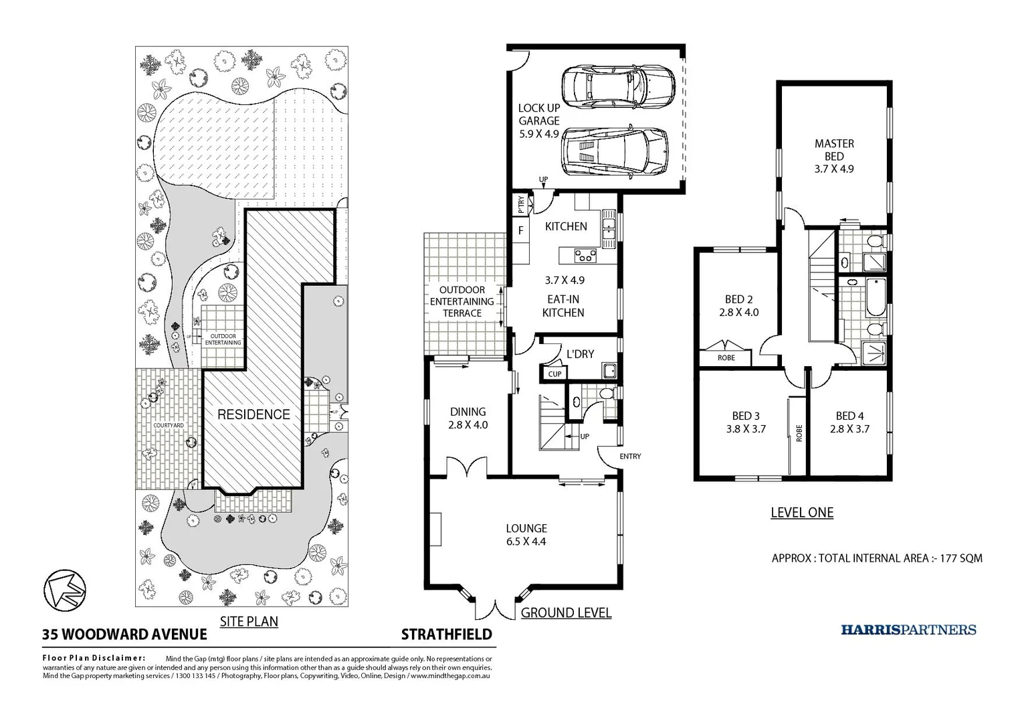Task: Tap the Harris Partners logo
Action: pos(908,629)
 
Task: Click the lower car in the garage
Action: pos(614,151)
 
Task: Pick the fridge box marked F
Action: pos(520,231)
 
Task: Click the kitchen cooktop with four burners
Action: pos(587,255)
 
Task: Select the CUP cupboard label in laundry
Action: pos(554,374)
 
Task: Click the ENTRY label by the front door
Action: pos(630,457)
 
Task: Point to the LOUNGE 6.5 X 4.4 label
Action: pos(526,535)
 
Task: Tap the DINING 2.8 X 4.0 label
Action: pos(468,418)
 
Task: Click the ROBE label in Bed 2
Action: pos(726,358)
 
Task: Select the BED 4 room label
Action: pos(849,422)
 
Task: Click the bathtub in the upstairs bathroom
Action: pos(874,297)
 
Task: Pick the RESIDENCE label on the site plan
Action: pos(253,414)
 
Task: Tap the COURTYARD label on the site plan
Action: pos(169,425)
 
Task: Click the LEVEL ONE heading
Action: pos(802,513)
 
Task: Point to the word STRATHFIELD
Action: pos(446,634)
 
